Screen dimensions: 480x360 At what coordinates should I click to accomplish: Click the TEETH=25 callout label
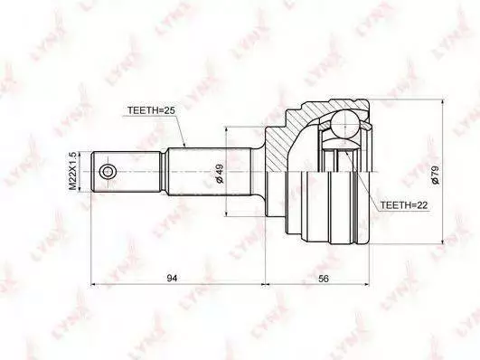pyautogui.click(x=151, y=110)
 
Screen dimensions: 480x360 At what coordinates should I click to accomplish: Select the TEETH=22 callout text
pyautogui.click(x=404, y=205)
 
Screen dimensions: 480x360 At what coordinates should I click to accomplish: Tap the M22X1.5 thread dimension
pyautogui.click(x=72, y=172)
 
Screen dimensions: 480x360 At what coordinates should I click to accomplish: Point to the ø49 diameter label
pyautogui.click(x=219, y=174)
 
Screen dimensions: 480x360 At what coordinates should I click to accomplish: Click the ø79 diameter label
pyautogui.click(x=435, y=174)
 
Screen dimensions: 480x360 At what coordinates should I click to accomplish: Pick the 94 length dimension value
pyautogui.click(x=172, y=278)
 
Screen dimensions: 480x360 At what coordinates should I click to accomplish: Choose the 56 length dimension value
pyautogui.click(x=324, y=279)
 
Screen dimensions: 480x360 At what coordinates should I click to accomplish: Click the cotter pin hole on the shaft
pyautogui.click(x=108, y=172)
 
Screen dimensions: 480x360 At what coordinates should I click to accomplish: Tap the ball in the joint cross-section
pyautogui.click(x=345, y=125)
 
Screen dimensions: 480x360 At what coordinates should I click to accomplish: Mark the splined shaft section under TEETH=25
pyautogui.click(x=210, y=172)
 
